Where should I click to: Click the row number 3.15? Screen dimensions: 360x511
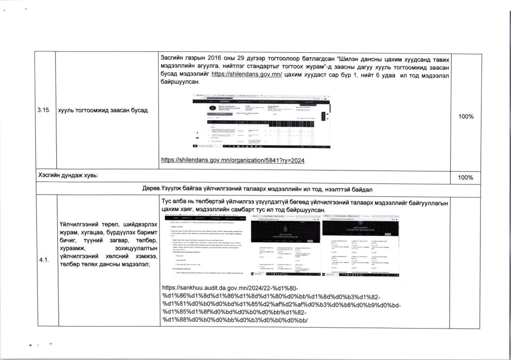tap(44, 110)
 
